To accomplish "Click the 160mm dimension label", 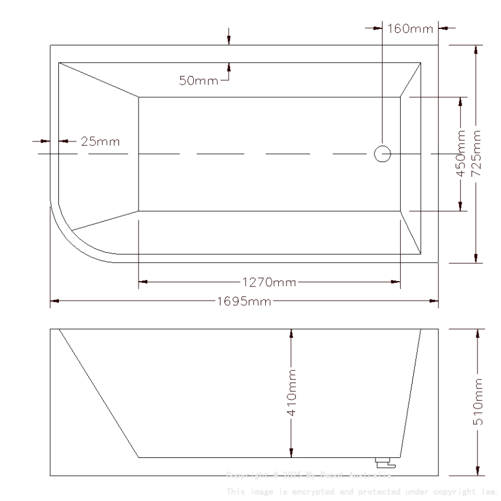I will pos(410,28).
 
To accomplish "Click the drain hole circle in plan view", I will pos(382,154).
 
